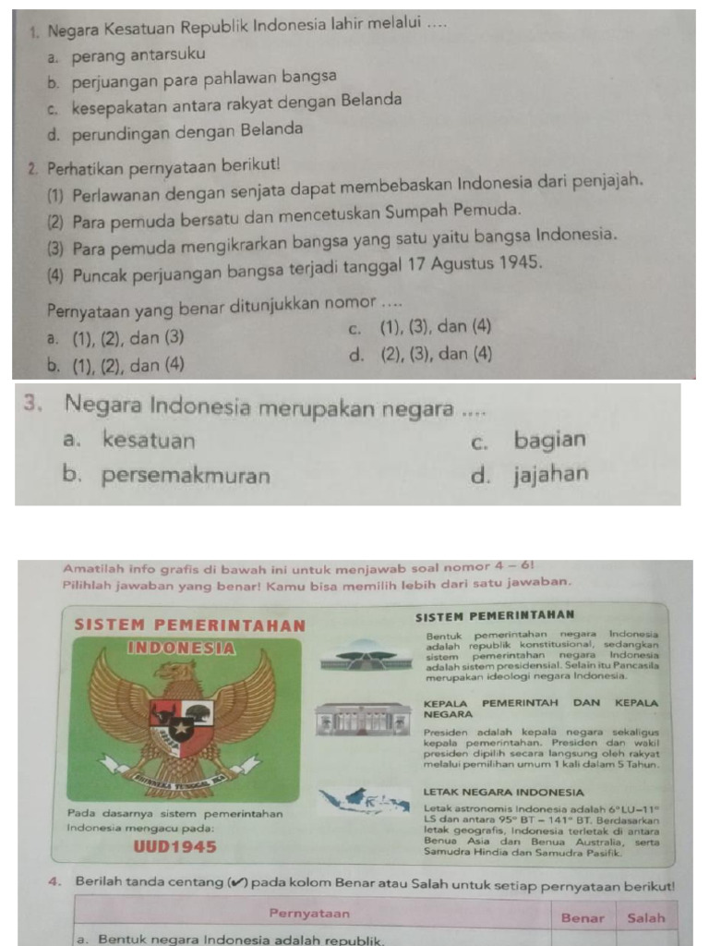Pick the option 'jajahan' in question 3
[550, 475]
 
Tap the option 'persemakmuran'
[186, 476]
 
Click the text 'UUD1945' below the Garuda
[175, 847]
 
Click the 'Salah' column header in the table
[646, 918]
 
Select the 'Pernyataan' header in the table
[310, 914]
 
